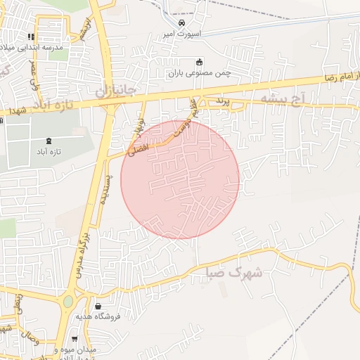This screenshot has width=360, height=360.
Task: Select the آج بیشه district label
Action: (285, 100)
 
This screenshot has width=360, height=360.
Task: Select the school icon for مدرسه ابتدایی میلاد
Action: (31, 37)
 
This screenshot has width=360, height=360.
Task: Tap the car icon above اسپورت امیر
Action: (183, 22)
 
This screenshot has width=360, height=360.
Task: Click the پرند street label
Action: (222, 103)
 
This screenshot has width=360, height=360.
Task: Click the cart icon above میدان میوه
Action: (75, 339)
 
